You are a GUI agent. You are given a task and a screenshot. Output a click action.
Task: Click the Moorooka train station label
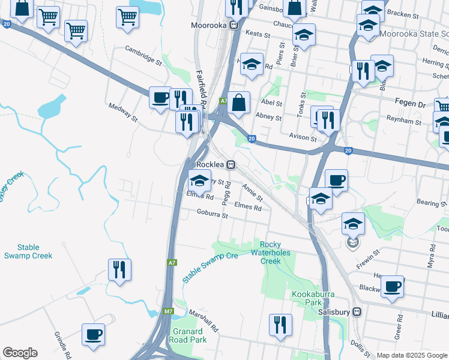[211, 25]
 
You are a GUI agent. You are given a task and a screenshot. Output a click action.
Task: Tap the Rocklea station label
[211, 163]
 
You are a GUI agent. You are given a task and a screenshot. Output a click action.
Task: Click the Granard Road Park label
[189, 335]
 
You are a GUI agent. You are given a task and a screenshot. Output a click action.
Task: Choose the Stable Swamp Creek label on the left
[28, 251]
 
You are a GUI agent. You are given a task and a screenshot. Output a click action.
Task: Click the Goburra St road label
[212, 214]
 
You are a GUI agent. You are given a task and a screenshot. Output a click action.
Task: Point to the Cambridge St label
[143, 55]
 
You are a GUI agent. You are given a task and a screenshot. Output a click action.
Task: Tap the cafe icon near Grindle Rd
[93, 335]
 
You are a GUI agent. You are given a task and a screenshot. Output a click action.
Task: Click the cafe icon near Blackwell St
[392, 286]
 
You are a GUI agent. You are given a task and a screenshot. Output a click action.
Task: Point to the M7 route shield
[169, 311]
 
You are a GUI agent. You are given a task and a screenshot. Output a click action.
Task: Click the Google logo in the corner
[20, 353]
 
